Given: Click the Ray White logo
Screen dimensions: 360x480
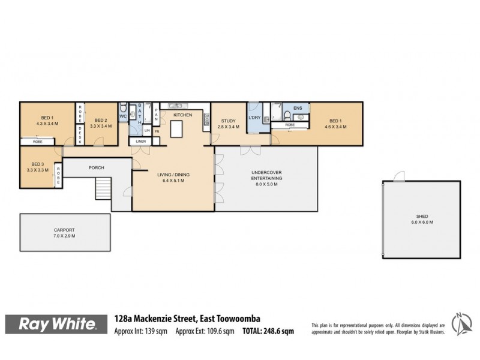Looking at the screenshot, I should coord(59,325).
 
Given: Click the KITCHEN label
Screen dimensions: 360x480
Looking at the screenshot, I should coord(183,114).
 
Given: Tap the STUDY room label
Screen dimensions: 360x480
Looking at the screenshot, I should coord(229,121).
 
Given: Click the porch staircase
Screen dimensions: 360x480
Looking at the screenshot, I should coord(103,189).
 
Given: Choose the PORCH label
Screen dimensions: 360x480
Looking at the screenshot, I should coord(97,167).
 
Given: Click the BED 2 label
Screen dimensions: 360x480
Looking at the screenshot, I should coord(100,120).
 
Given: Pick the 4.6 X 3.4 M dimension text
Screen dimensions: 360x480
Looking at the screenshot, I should coord(335,127).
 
